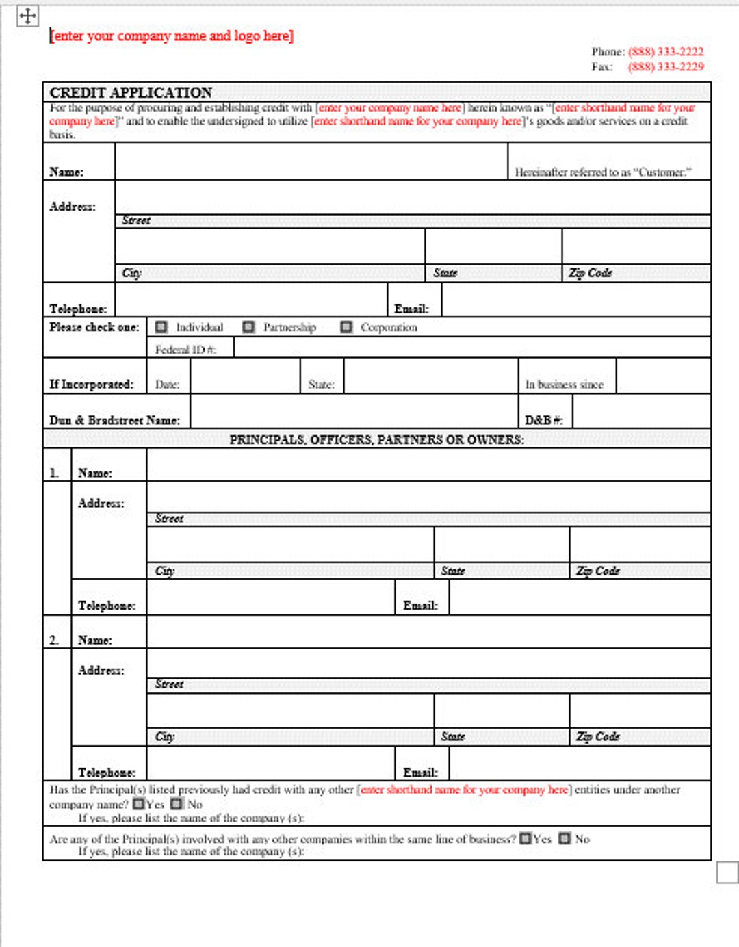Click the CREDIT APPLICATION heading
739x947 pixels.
(x=131, y=92)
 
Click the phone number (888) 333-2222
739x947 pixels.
(x=665, y=51)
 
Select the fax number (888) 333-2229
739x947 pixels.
(x=665, y=66)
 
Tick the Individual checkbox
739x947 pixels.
(x=161, y=327)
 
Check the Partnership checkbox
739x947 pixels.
(x=249, y=327)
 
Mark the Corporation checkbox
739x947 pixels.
(x=346, y=327)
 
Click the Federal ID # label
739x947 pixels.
(x=185, y=350)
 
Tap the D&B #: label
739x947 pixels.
(x=543, y=420)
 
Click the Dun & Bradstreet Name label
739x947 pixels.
(x=114, y=420)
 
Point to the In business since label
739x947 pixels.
(x=564, y=385)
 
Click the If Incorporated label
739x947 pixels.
(x=91, y=385)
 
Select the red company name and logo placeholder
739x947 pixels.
(x=171, y=36)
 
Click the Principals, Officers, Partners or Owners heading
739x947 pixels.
(x=376, y=439)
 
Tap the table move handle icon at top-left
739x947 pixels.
(x=27, y=16)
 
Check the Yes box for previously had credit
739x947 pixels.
(x=139, y=804)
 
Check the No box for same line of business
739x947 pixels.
(x=565, y=838)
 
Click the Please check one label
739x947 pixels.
(x=94, y=327)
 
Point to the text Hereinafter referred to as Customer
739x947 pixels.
(x=603, y=172)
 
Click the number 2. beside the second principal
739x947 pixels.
(x=54, y=640)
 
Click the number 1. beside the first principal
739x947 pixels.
(x=54, y=473)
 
